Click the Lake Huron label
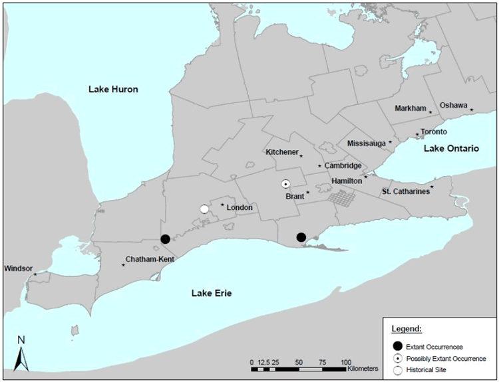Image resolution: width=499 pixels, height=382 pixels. [x=113, y=89]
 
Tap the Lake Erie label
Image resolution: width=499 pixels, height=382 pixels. [x=212, y=293]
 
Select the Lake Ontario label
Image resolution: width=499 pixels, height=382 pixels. [x=451, y=149]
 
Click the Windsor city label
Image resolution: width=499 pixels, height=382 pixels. [x=17, y=268]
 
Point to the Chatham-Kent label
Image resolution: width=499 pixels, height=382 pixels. [x=150, y=259]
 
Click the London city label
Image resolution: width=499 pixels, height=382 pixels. [x=240, y=207]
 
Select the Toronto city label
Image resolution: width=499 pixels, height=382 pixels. [x=433, y=132]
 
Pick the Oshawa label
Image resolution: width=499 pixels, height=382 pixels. [x=454, y=105]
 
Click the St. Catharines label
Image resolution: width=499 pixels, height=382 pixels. [x=405, y=192]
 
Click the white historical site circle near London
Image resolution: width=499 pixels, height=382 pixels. [x=204, y=209]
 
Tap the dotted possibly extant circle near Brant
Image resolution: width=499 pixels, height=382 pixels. [x=285, y=184]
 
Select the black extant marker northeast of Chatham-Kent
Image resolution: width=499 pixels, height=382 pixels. [x=165, y=239]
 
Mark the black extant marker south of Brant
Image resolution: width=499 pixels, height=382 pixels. [x=301, y=237]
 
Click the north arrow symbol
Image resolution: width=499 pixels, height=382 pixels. [x=21, y=353]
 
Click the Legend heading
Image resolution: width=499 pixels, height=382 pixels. [x=404, y=329]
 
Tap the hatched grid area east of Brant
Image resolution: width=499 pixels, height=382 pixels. [x=341, y=197]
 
